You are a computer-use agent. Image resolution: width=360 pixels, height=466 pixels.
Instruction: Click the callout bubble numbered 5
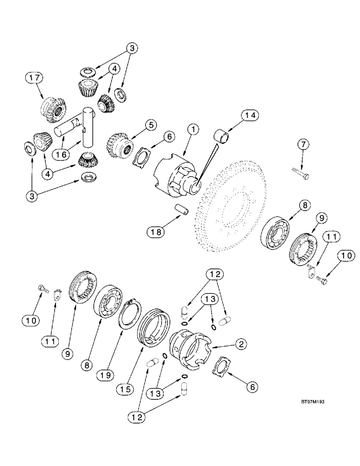tap(136, 125)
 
